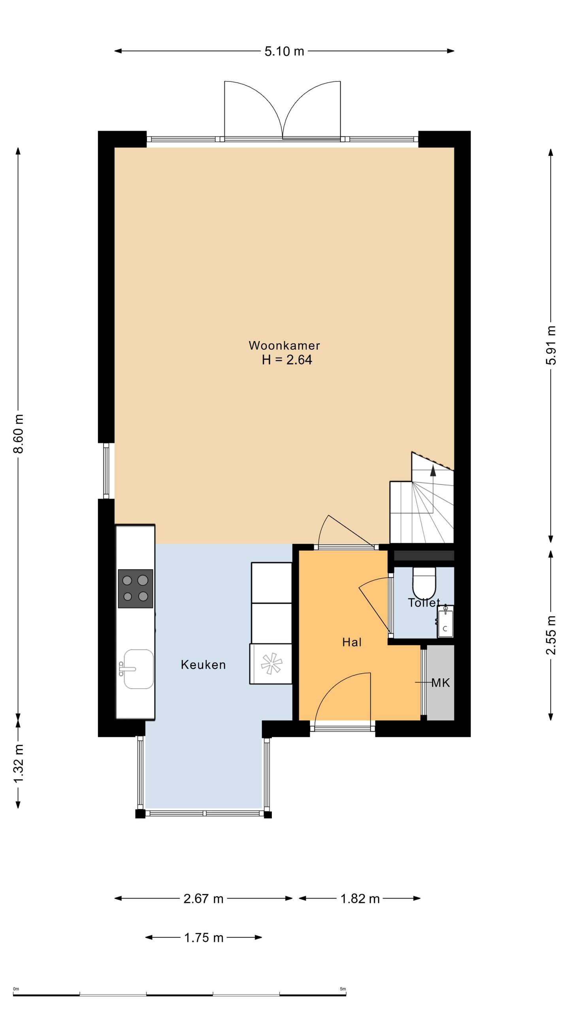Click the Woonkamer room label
coord(284,346)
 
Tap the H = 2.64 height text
coord(287,360)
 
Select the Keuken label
coord(203,665)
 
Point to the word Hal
coord(352,642)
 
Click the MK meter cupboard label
coord(441,683)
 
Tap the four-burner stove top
coord(136,589)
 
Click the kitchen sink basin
coord(138,669)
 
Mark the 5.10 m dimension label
coord(284,51)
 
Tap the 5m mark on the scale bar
coord(343,989)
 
